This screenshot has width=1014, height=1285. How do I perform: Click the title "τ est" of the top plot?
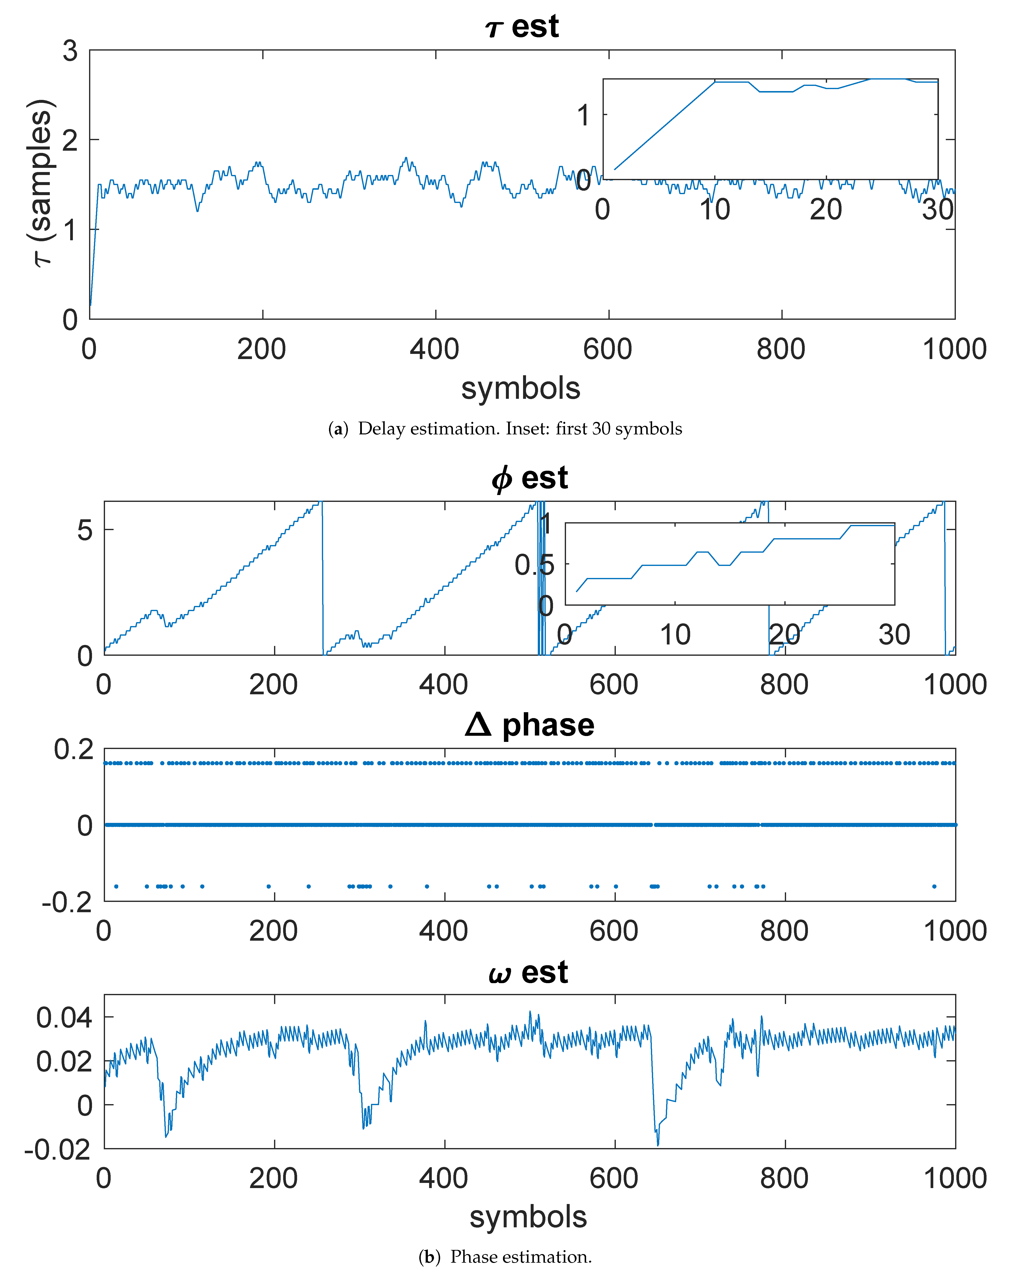[521, 27]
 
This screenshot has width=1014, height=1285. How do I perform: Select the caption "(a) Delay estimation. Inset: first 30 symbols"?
[505, 429]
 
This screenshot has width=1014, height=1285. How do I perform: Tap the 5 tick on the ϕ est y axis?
[85, 530]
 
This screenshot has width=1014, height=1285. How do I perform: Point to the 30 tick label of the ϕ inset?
[894, 635]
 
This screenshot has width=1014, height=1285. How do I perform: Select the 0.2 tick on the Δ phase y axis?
[74, 750]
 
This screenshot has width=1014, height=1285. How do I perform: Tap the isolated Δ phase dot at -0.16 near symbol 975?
[935, 886]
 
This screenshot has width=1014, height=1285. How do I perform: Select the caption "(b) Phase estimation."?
[505, 1257]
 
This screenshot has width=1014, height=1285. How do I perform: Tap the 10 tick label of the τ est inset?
[714, 210]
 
